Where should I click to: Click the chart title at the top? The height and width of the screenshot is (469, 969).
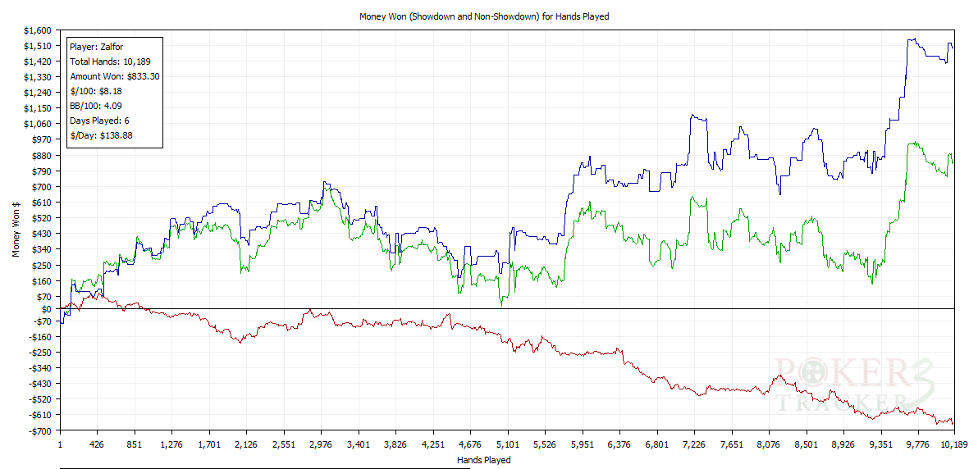(484, 16)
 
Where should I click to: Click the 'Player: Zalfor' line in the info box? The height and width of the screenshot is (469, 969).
(97, 47)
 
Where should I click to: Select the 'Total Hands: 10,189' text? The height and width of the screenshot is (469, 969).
(110, 61)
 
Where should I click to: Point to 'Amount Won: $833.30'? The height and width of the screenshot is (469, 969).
(114, 76)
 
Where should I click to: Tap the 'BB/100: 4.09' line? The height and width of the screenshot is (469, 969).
(96, 106)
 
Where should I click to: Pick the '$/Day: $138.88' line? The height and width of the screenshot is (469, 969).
(101, 135)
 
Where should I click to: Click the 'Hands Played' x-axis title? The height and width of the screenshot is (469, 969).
(483, 460)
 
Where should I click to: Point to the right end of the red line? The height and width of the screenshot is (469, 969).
(953, 424)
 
